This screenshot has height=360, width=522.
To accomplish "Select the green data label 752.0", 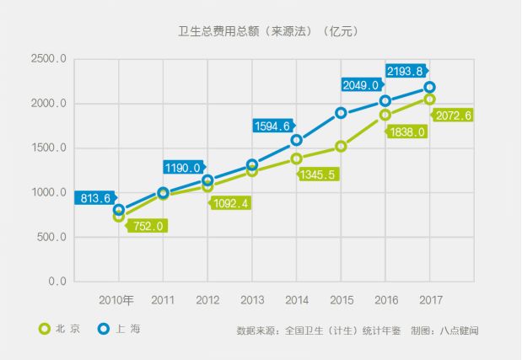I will click(148, 225).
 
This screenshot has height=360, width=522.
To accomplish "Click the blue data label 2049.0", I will click(362, 84).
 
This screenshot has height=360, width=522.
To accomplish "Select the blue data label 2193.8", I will click(407, 70).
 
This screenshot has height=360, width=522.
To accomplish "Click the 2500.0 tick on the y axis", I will click(48, 60).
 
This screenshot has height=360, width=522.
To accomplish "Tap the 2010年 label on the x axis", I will click(116, 300).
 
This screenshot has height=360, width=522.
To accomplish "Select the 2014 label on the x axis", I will click(296, 300).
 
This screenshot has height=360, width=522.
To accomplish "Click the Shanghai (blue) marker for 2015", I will click(341, 113).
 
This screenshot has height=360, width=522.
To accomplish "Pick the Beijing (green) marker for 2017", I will click(430, 99).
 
